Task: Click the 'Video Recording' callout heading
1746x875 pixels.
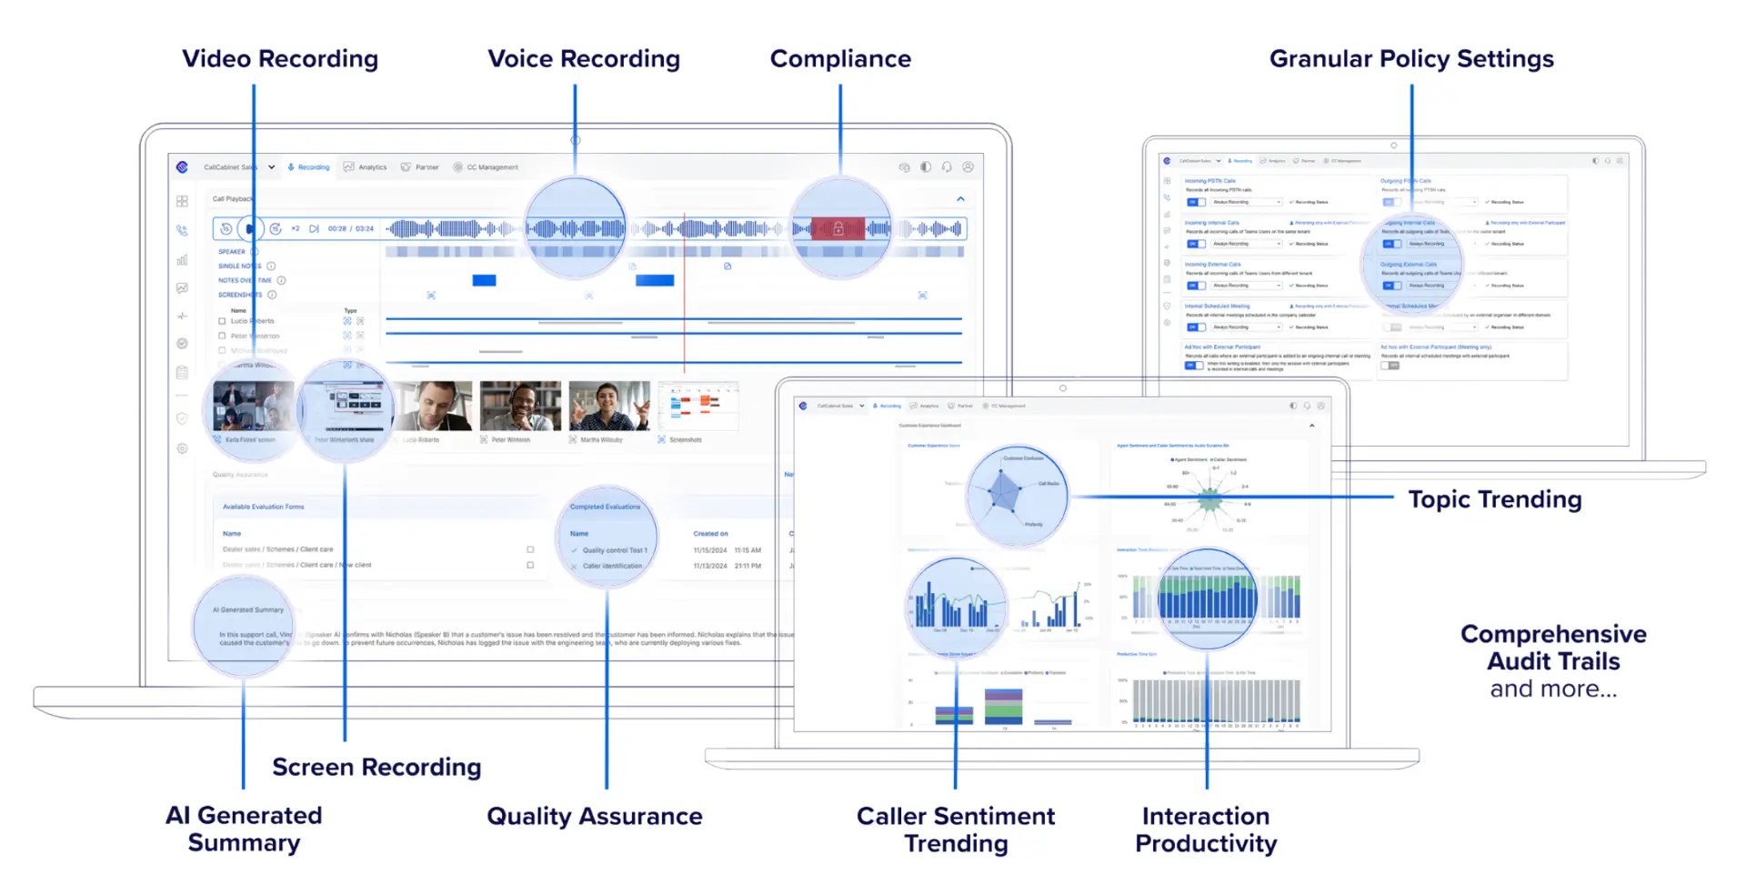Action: pos(280,59)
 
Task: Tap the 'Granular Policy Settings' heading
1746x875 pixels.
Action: pos(1411,59)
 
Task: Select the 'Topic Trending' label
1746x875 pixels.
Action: pos(1495,499)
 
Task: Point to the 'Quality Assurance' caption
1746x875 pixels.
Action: pos(595,816)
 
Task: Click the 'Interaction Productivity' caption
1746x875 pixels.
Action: pos(1206,830)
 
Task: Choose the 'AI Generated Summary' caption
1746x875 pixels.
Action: pos(244,829)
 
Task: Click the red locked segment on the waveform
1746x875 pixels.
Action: pos(838,228)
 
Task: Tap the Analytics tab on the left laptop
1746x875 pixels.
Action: pos(366,167)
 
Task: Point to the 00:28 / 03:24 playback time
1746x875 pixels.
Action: pos(351,229)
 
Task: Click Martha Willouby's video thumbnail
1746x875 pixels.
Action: pos(609,406)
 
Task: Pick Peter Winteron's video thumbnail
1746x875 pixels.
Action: pos(520,406)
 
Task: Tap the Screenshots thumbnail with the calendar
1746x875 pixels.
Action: pos(697,406)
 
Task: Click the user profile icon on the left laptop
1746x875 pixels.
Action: pos(968,167)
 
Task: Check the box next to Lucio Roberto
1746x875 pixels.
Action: pos(222,321)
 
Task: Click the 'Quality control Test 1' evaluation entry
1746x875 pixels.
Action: pos(615,550)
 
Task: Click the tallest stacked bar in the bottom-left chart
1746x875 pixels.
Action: pos(1003,707)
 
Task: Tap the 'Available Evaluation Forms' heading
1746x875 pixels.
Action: pos(264,507)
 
